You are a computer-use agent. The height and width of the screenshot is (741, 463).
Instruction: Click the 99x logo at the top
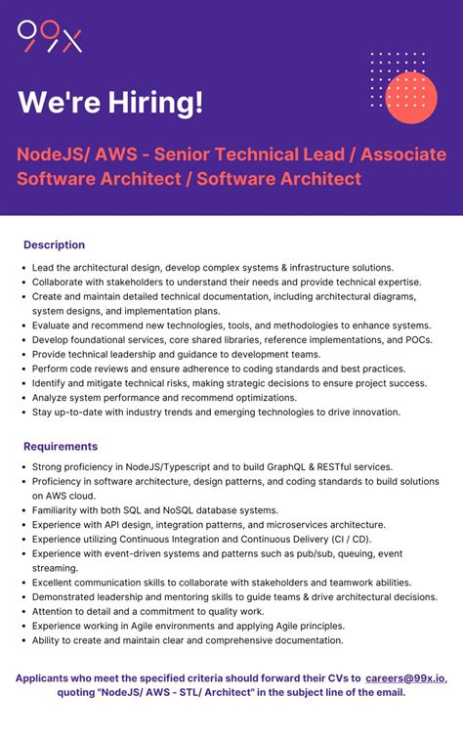click(x=50, y=36)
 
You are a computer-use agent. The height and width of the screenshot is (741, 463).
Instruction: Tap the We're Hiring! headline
click(x=111, y=102)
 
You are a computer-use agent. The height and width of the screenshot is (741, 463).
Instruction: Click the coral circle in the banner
click(x=411, y=97)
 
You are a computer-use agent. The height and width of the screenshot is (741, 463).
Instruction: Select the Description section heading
click(x=55, y=244)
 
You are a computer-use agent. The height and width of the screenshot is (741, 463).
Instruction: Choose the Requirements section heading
click(x=61, y=447)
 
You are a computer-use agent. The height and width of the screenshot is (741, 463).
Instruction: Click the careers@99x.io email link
click(x=405, y=676)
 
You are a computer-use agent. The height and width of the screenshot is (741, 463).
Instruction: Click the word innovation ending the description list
click(x=373, y=412)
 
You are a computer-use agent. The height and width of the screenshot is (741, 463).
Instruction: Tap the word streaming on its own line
click(x=55, y=567)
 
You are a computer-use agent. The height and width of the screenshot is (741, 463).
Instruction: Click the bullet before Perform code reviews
click(x=22, y=369)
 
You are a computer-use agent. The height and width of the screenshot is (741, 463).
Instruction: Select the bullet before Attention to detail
click(x=22, y=611)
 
